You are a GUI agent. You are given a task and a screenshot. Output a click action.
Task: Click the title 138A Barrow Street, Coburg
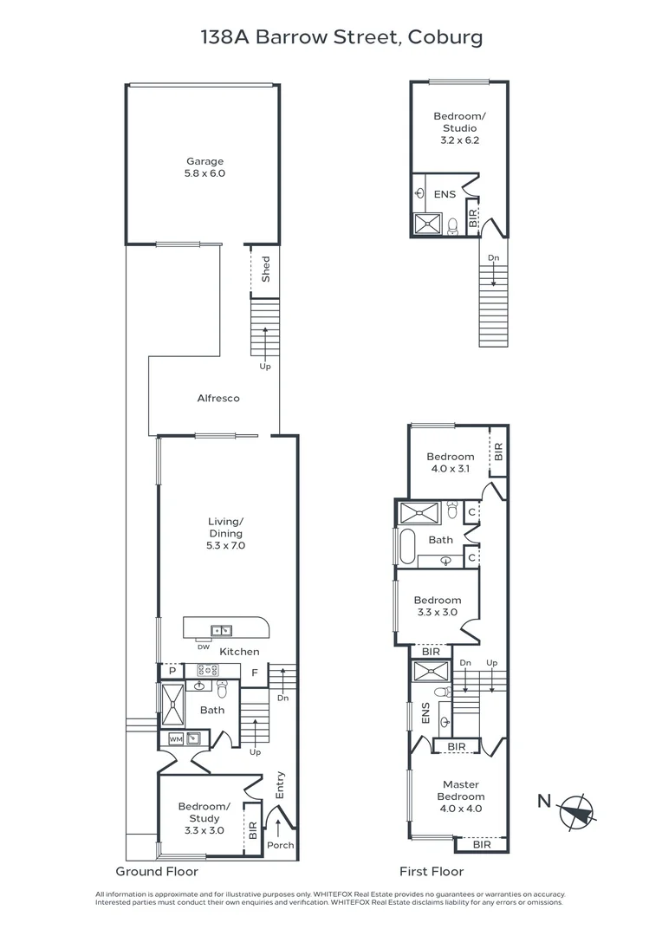click(330, 37)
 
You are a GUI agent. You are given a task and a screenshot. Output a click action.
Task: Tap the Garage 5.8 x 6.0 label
click(204, 167)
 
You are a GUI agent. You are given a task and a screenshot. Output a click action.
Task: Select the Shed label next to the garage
click(266, 269)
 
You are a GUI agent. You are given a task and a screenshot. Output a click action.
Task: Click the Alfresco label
click(217, 399)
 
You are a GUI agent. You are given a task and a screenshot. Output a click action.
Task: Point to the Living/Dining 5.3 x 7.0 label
click(226, 534)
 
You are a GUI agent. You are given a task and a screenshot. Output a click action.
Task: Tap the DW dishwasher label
click(204, 647)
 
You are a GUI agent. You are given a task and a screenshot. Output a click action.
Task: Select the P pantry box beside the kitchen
click(172, 670)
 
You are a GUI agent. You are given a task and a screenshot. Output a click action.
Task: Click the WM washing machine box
click(175, 739)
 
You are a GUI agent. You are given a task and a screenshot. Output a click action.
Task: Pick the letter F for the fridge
click(255, 672)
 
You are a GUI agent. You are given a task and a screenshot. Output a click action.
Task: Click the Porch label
click(280, 845)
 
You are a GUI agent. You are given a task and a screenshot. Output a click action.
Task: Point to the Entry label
click(280, 785)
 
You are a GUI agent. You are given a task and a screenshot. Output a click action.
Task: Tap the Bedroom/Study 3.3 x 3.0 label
click(201, 818)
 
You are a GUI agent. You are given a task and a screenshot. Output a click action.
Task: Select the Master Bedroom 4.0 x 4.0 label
click(460, 796)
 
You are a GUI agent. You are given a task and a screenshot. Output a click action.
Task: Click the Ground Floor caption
click(157, 872)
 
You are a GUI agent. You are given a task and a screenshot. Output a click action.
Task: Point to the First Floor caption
click(431, 872)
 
